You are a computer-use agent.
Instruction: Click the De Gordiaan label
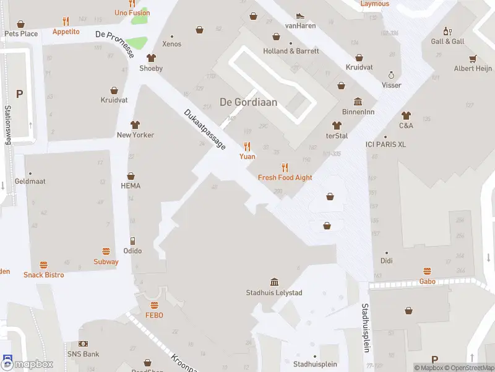point(248,102)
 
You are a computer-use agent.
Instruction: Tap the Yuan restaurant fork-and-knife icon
point(247,146)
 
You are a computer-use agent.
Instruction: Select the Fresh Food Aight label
point(285,178)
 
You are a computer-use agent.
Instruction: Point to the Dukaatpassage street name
point(205,130)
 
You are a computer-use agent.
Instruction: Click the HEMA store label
point(131,186)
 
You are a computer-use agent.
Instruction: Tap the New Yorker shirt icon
point(135,125)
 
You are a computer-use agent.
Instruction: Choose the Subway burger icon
point(106,252)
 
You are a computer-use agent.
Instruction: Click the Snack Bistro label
point(43,275)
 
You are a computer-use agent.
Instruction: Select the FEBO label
point(153,316)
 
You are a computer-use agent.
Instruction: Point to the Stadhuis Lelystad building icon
point(274,283)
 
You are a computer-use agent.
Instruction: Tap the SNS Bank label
point(83,354)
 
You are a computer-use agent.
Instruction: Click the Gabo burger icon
point(427,272)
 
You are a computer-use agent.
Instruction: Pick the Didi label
point(387,261)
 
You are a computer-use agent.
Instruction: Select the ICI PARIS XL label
point(385,144)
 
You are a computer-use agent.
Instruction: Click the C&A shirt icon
point(406,115)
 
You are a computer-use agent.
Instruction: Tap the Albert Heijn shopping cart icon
point(473,59)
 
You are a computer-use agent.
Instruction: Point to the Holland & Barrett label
point(291,51)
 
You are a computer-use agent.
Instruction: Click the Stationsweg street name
point(9,125)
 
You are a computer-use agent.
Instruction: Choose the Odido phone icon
point(132,241)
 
